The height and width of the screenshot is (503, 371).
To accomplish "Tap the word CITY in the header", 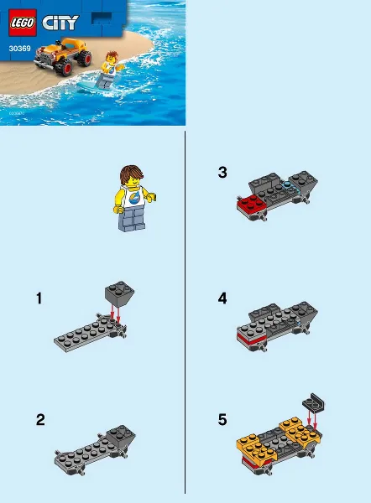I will click(57, 23).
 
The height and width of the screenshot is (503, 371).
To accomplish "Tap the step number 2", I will click(39, 420).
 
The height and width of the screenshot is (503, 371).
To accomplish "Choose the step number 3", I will click(222, 173).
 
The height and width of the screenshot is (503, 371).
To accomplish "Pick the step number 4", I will click(222, 298).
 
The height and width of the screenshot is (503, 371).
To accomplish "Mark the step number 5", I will click(222, 420).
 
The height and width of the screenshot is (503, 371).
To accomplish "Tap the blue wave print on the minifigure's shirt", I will click(136, 198).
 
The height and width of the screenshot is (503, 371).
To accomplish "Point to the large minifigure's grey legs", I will click(134, 220).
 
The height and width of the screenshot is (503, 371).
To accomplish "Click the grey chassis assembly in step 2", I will click(91, 445).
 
